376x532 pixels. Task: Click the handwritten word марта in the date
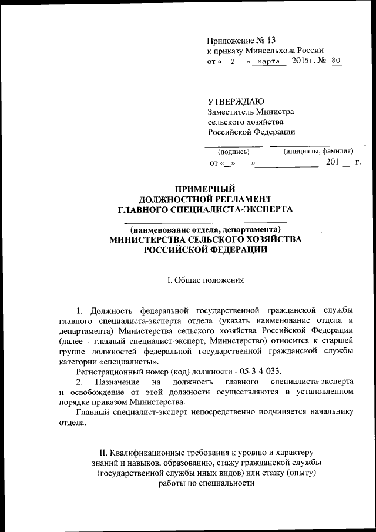[268, 62]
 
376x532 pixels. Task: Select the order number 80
[336, 61]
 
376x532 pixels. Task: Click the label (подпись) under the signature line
[230, 152]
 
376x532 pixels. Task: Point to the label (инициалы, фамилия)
[318, 151]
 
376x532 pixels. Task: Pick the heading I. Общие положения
[204, 281]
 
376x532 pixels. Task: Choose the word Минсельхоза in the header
[270, 51]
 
